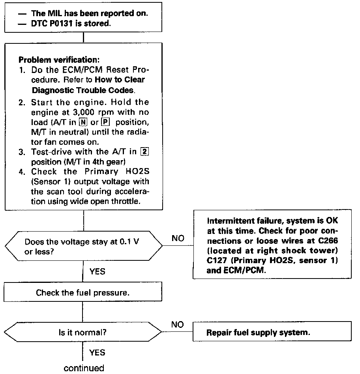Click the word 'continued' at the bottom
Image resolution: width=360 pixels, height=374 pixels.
pyautogui.click(x=84, y=368)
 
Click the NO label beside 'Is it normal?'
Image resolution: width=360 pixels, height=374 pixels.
pyautogui.click(x=178, y=324)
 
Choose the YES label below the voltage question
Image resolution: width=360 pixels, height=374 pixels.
pyautogui.click(x=97, y=272)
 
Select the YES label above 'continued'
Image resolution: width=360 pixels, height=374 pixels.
pyautogui.click(x=97, y=352)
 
